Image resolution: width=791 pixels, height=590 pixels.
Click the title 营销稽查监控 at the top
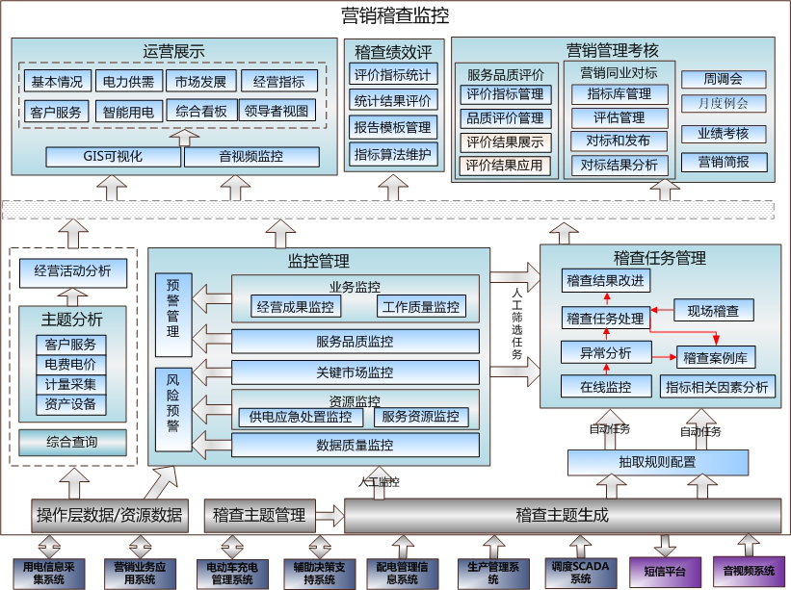click(x=395, y=15)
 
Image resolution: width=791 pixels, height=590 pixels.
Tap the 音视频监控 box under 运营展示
click(x=250, y=157)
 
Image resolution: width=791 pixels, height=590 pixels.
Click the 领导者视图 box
click(x=277, y=111)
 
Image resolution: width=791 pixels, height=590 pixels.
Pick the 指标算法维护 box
click(x=392, y=154)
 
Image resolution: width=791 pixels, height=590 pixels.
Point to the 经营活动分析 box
click(x=72, y=271)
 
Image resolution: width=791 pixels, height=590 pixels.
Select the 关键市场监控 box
click(x=355, y=372)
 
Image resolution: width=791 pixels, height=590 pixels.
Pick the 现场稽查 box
click(x=713, y=310)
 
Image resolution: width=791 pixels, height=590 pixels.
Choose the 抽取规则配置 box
click(x=657, y=462)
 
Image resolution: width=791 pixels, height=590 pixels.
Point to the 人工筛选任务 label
click(x=516, y=322)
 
